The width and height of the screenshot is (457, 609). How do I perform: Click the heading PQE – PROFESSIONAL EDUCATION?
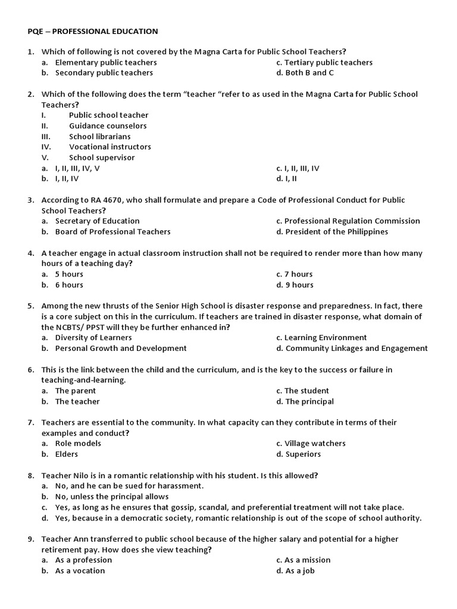click(x=93, y=30)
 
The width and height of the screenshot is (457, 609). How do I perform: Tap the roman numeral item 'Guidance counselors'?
click(x=108, y=125)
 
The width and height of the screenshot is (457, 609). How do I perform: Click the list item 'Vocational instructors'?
click(x=110, y=147)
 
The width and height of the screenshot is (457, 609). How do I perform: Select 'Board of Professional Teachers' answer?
click(x=112, y=232)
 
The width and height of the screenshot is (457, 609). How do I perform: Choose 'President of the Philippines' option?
click(x=336, y=232)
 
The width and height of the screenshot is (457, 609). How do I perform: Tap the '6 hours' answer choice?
click(x=69, y=285)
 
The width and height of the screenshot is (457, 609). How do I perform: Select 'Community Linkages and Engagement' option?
click(x=356, y=349)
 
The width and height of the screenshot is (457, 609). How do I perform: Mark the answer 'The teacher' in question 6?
click(x=77, y=401)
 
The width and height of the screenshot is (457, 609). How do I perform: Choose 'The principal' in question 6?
click(x=309, y=401)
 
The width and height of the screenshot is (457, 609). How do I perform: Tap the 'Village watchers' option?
click(x=315, y=444)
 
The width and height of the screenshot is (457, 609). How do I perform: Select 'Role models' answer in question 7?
click(x=78, y=444)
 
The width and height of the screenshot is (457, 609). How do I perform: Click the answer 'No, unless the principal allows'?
click(x=112, y=497)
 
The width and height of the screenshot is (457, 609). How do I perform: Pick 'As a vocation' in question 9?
click(x=80, y=571)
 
